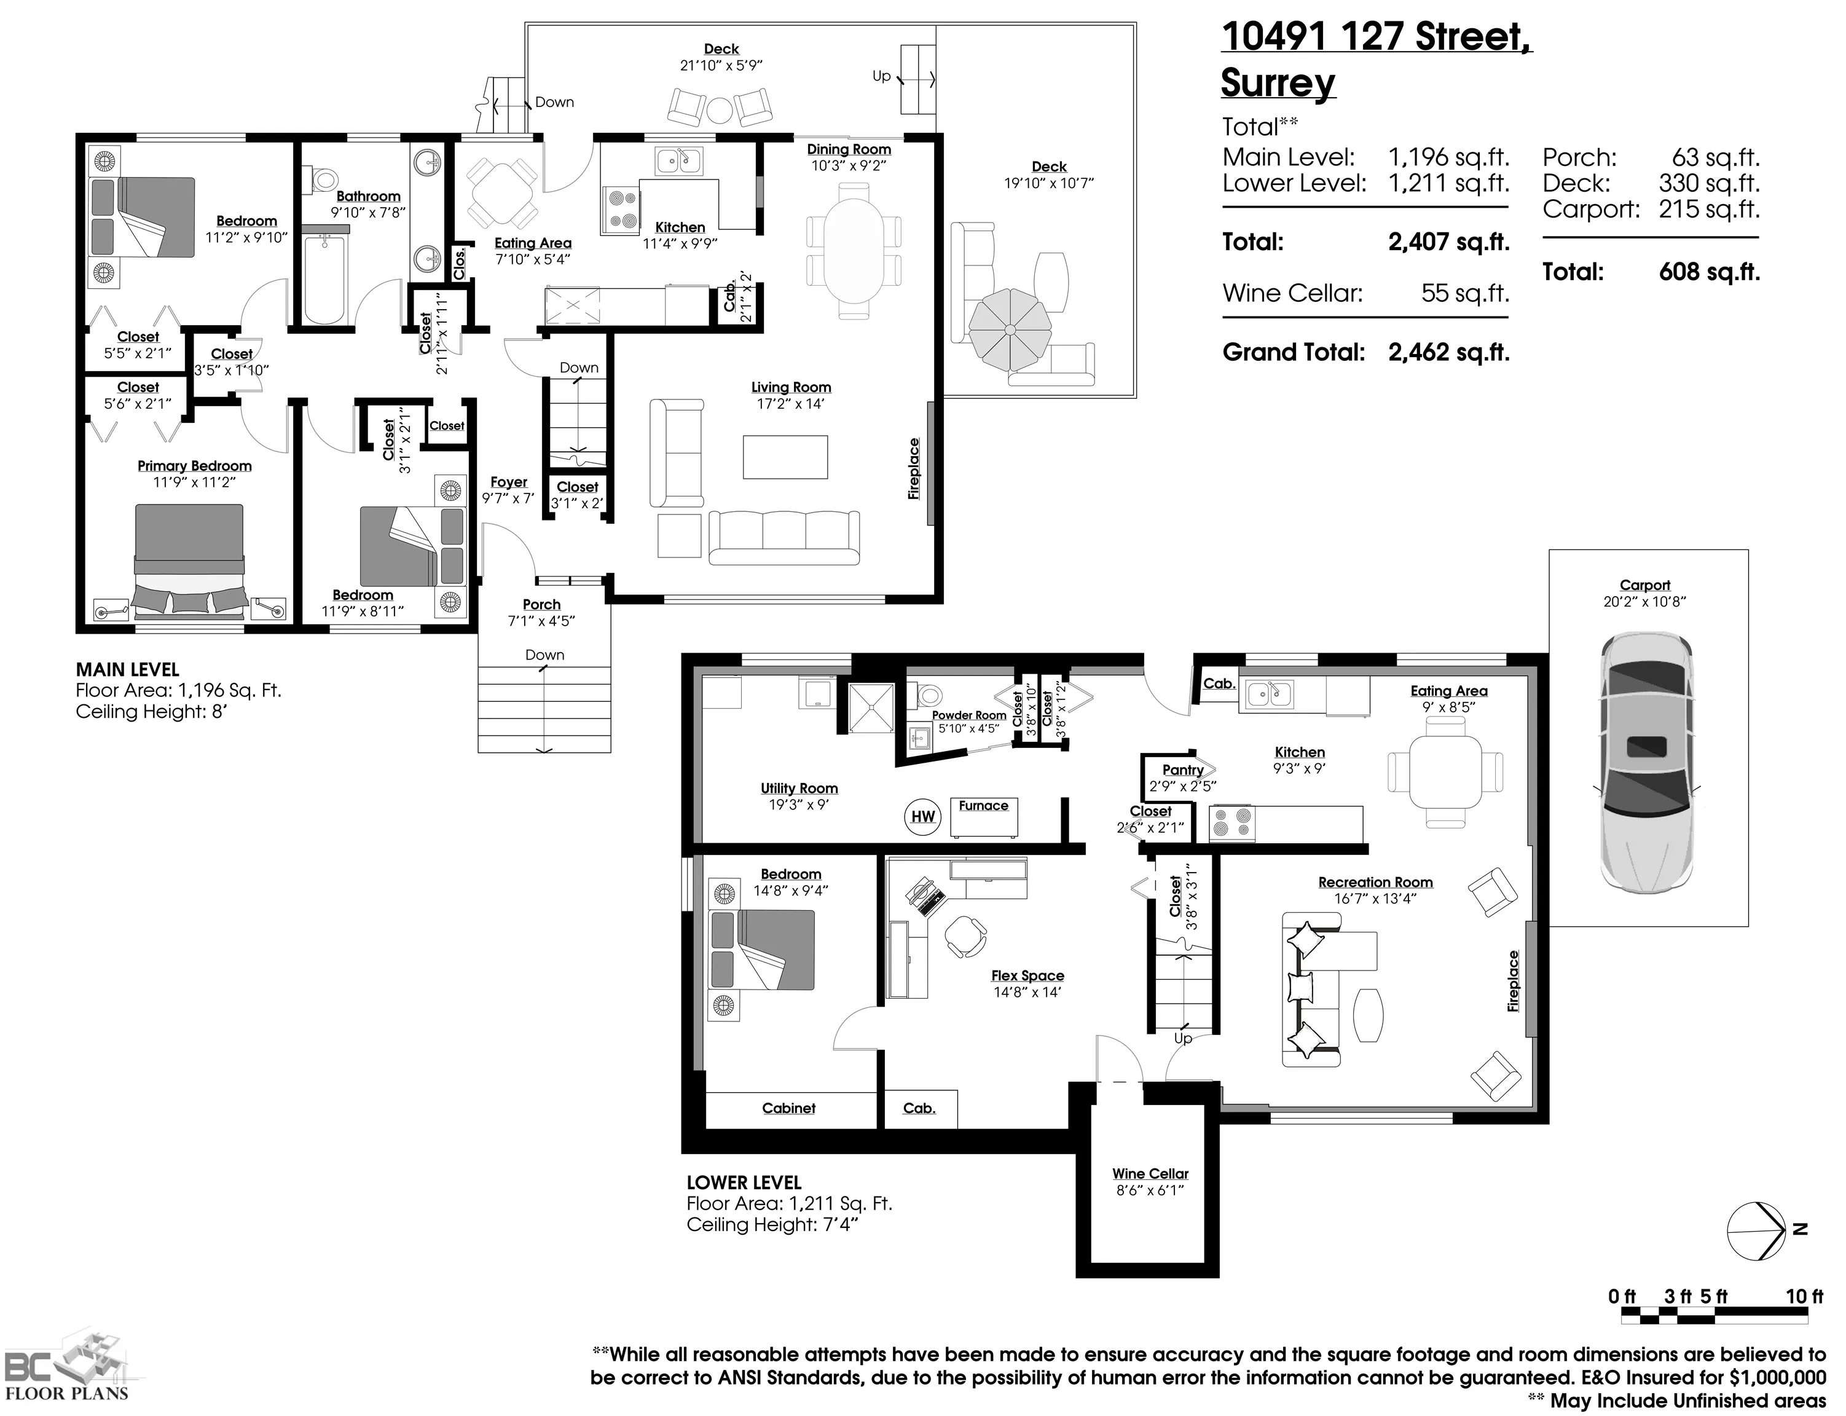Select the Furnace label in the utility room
pyautogui.click(x=983, y=806)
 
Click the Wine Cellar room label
pyautogui.click(x=1150, y=1174)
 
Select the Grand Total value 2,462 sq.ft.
pyautogui.click(x=1449, y=352)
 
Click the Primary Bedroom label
pyautogui.click(x=195, y=466)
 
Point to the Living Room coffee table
pyautogui.click(x=785, y=457)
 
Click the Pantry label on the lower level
pyautogui.click(x=1183, y=769)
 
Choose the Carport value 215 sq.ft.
pyautogui.click(x=1710, y=209)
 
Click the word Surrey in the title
pyautogui.click(x=1278, y=84)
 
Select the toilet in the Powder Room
pyautogui.click(x=928, y=695)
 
